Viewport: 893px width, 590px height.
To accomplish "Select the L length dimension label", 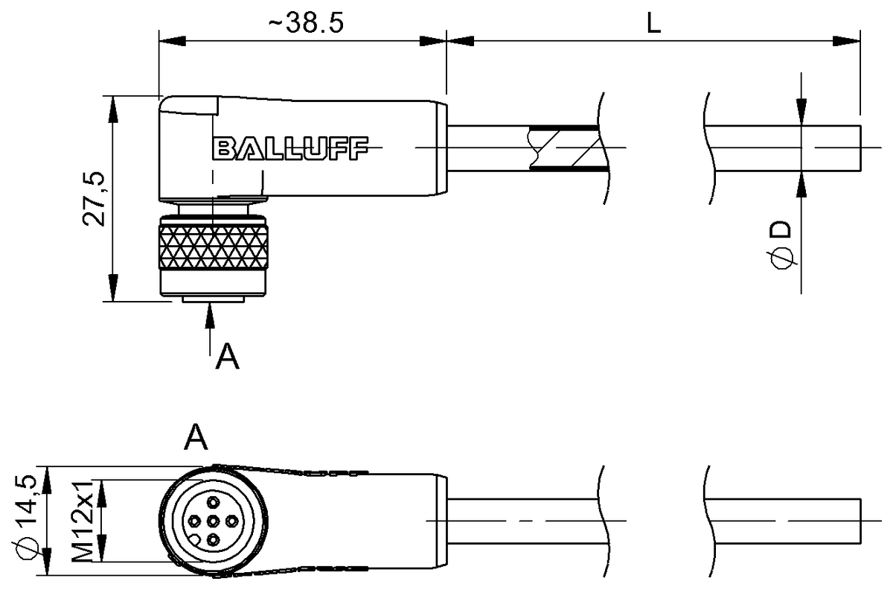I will pos(653,23).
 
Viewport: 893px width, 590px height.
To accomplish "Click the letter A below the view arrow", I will pos(227,358).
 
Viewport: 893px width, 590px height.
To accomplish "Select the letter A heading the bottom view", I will pos(196,437).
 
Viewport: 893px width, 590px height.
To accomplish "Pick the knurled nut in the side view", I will pos(213,246).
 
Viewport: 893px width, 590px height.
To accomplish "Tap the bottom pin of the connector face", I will pos(213,538).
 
